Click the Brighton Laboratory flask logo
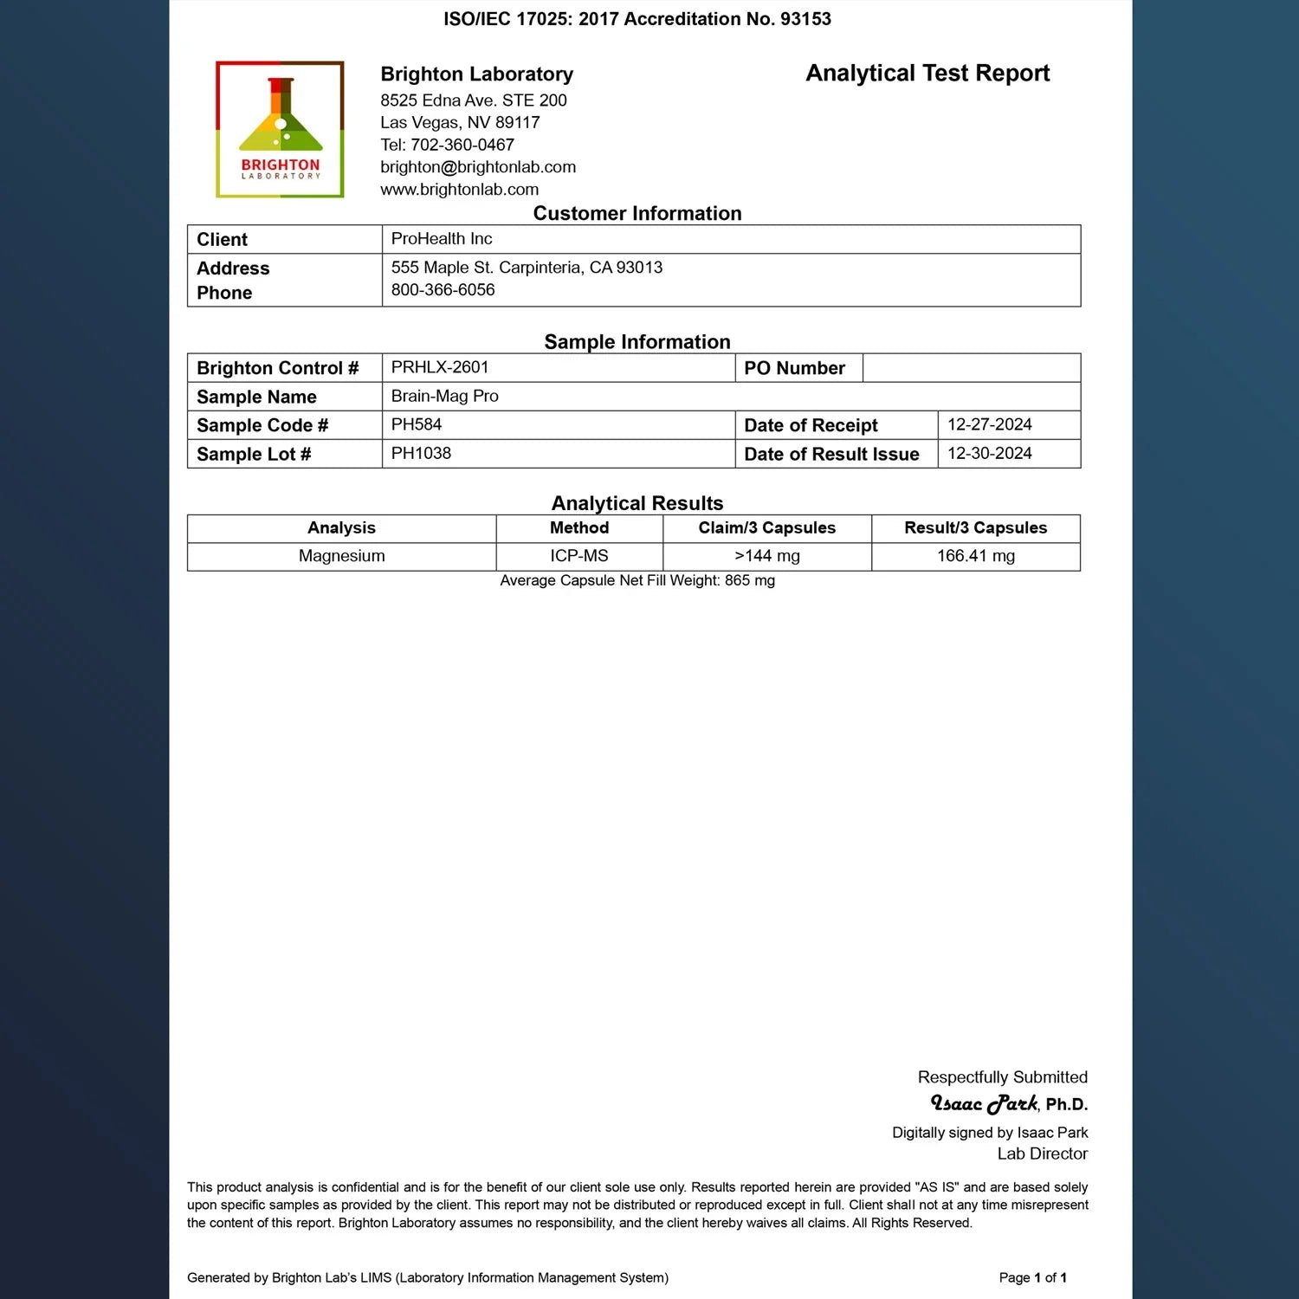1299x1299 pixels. tap(280, 129)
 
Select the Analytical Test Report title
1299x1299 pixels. tap(927, 74)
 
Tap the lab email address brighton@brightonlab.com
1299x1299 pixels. tap(478, 167)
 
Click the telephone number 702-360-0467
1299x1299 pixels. tap(462, 145)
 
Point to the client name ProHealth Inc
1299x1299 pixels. tap(442, 239)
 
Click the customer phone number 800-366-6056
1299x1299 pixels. tap(443, 290)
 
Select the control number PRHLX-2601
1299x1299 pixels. tap(440, 367)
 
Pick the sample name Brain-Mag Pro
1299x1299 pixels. tap(444, 396)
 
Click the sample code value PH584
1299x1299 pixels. tap(417, 424)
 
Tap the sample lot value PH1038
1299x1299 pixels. tap(421, 453)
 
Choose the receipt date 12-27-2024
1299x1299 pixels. tap(990, 424)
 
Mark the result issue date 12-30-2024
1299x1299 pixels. tap(990, 453)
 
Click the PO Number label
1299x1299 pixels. tap(794, 368)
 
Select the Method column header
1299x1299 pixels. tap(579, 527)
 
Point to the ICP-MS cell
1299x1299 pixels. tap(579, 556)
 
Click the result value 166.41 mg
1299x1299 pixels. tap(975, 556)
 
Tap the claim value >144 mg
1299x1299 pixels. tap(767, 556)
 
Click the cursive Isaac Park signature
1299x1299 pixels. tap(984, 1103)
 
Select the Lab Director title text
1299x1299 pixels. tap(1042, 1154)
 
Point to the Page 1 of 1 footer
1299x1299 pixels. tap(1032, 1277)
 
